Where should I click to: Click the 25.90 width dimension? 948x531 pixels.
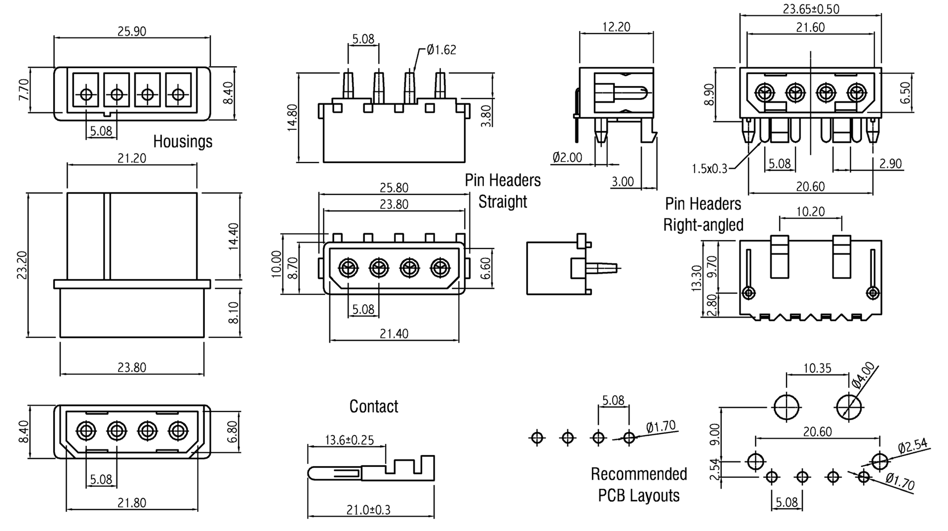coord(132,31)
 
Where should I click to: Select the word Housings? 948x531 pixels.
coord(183,141)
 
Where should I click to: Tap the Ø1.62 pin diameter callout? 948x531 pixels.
coord(441,49)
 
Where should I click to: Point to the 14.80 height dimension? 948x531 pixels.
coord(292,118)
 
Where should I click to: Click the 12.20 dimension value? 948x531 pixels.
coord(616,27)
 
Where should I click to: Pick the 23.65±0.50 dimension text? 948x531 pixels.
coord(811,9)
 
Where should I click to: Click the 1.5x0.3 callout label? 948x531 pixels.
coord(710,168)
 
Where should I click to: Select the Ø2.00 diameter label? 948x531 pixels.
coord(567,158)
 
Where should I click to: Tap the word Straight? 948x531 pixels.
coord(503,202)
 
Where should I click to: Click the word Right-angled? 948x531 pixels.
coord(703,225)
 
